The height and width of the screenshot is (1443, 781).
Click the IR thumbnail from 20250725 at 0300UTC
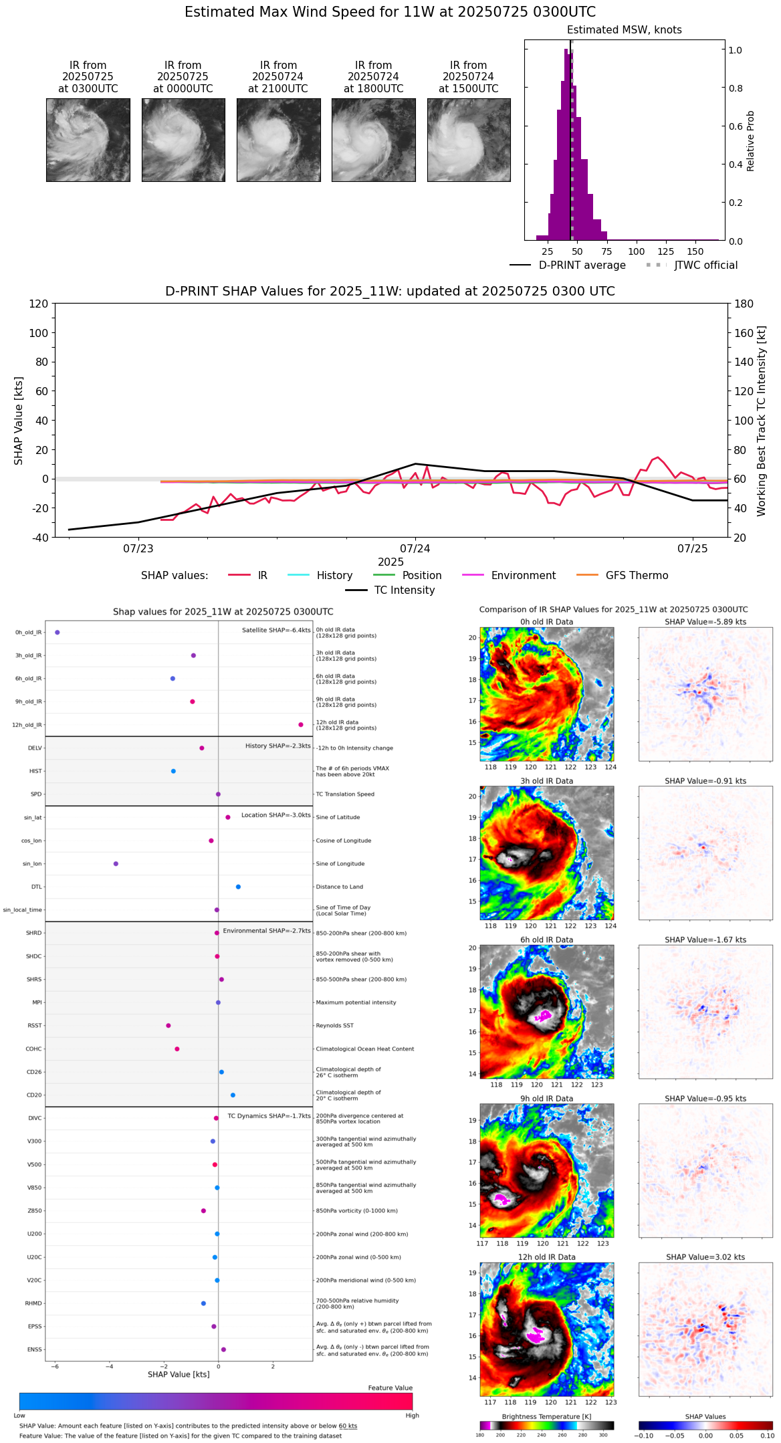88,140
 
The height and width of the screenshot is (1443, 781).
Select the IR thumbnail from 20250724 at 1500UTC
469,140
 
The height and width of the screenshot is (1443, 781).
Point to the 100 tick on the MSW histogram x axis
637,251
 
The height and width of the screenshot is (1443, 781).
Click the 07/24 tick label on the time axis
415,549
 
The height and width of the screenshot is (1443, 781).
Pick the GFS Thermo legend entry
637,576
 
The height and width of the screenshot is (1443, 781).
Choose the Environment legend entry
523,576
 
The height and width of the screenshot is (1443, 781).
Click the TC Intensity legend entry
404,590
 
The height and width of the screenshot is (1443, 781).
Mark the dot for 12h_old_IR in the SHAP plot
301,725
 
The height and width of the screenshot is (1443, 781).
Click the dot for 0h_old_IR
58,632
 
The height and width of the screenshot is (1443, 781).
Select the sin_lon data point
116,864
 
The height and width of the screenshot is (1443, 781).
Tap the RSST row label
35,1026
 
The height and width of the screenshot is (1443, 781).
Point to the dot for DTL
238,887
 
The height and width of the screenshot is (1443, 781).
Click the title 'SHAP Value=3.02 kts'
705,1257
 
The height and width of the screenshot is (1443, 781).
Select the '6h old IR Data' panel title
546,939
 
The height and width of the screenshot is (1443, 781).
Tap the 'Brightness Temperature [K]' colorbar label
546,1416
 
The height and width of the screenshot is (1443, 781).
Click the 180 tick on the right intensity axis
744,304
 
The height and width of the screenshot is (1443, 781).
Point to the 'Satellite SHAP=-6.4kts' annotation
276,630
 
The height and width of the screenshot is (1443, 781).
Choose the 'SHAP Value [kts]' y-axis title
19,421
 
